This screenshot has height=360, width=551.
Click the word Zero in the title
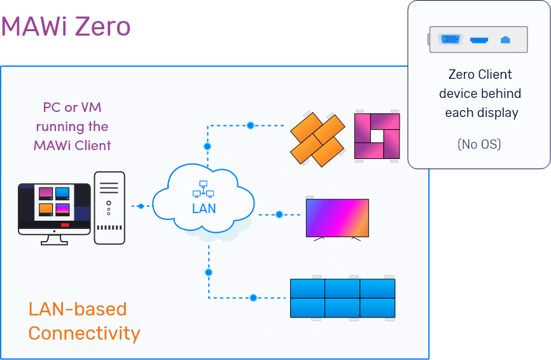[102, 26]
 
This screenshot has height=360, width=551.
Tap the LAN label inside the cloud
[204, 209]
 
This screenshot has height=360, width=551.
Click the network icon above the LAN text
[204, 189]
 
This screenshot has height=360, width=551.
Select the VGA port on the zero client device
[450, 39]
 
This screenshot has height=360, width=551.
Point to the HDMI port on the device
[479, 40]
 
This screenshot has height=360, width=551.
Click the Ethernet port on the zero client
[505, 39]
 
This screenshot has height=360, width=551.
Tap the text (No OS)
[479, 144]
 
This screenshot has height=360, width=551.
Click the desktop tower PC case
[109, 208]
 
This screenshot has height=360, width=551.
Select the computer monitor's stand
[55, 240]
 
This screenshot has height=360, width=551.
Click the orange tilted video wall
[317, 139]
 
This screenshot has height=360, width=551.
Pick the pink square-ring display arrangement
[377, 136]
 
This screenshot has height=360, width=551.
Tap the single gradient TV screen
[337, 218]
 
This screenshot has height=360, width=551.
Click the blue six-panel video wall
[342, 298]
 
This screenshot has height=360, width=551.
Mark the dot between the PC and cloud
[141, 206]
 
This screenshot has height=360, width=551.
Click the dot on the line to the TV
[279, 214]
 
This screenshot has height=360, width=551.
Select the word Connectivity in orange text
[85, 333]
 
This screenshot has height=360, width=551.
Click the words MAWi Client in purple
[73, 146]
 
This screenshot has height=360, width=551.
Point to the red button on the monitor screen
[65, 225]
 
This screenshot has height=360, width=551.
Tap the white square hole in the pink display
[377, 136]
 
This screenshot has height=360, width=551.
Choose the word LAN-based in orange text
[78, 309]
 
